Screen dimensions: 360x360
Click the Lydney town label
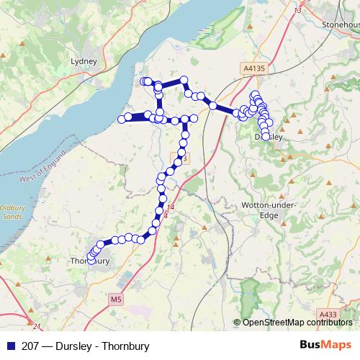[84, 61]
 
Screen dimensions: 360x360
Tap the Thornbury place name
[90, 261]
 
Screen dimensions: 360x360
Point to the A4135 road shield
[254, 68]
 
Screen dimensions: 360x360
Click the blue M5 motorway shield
[117, 299]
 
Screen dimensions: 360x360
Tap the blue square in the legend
[11, 346]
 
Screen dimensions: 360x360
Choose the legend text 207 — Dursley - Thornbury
[86, 346]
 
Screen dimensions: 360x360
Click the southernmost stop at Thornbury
[91, 257]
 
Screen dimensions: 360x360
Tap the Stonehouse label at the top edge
[342, 24]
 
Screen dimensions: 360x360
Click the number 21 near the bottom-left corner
[27, 325]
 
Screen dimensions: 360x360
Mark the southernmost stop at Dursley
[267, 135]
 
